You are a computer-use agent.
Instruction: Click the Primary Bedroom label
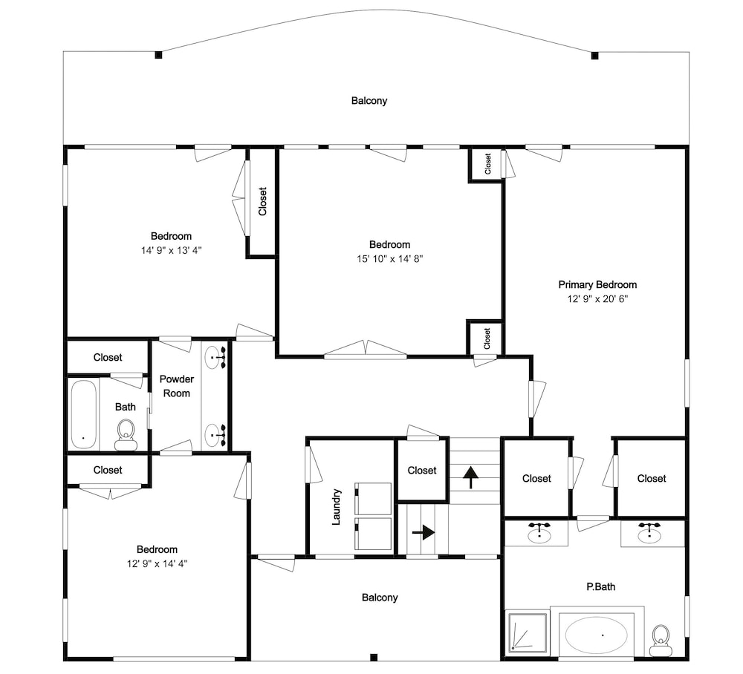[x=597, y=284]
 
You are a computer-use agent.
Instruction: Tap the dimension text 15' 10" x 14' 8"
[x=389, y=259]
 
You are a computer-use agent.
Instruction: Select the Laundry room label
[x=336, y=507]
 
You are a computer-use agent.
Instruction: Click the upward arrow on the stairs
[x=470, y=477]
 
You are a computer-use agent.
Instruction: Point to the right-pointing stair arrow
[x=424, y=532]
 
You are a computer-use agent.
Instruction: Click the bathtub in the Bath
[x=84, y=415]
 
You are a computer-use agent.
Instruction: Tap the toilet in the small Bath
[x=126, y=434]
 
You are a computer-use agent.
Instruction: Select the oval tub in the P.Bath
[x=597, y=635]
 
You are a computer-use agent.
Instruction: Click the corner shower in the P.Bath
[x=528, y=632]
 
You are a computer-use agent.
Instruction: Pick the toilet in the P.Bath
[x=661, y=641]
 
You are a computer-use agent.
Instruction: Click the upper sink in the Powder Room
[x=215, y=356]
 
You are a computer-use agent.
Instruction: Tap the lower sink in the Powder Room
[x=215, y=435]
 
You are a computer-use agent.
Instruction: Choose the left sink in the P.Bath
[x=539, y=534]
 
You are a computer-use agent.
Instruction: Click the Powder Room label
[x=177, y=386]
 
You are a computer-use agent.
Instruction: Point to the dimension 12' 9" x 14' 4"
[x=158, y=563]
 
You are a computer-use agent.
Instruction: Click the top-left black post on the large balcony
[x=158, y=55]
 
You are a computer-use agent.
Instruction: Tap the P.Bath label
[x=601, y=587]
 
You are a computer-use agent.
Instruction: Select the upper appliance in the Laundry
[x=373, y=499]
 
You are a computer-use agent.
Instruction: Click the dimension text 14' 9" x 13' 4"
[x=171, y=250]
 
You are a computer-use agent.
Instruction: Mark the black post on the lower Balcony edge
[x=374, y=657]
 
